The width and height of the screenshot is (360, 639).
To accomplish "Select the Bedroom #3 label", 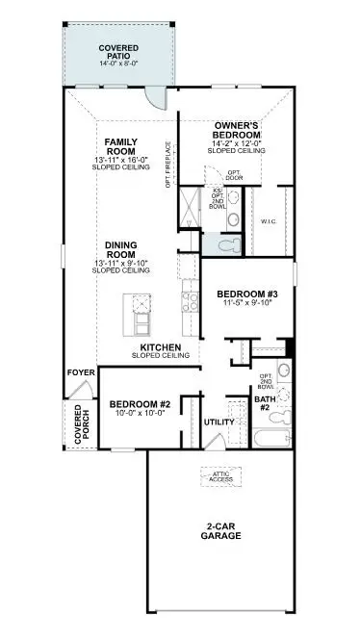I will pos(245,293).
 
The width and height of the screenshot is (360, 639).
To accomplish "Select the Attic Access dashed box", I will pos(220,475).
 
